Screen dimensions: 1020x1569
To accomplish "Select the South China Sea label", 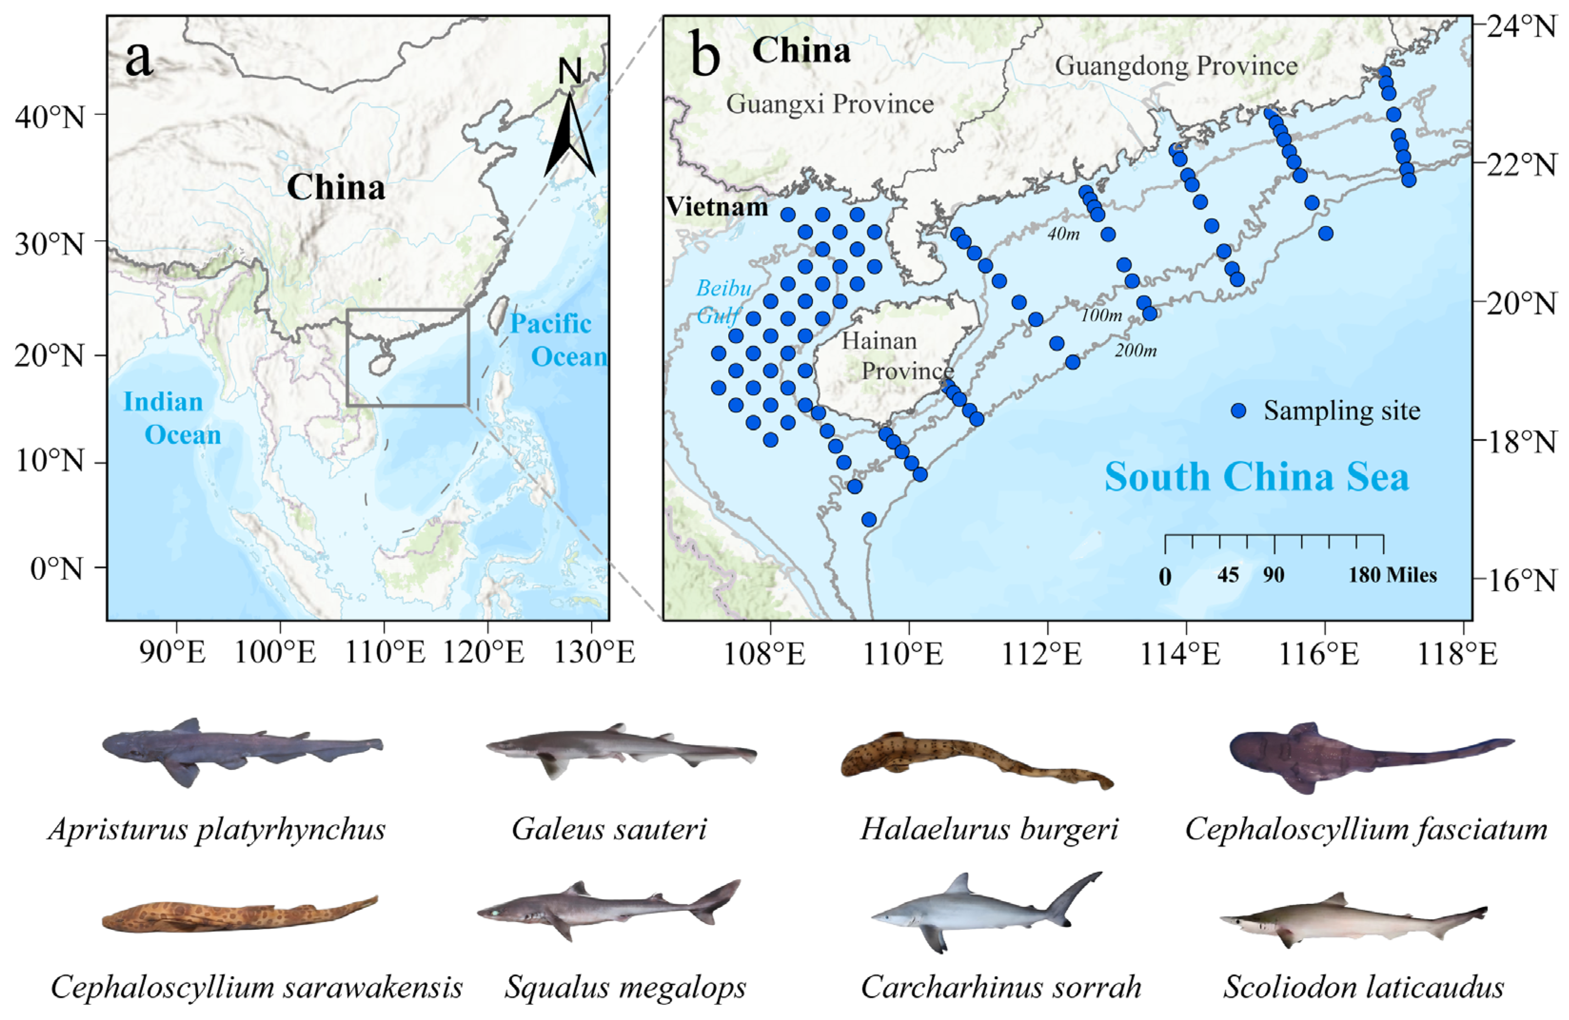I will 1256,476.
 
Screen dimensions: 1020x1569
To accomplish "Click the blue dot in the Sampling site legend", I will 1239,410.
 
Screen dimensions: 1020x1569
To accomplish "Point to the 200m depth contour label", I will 1135,350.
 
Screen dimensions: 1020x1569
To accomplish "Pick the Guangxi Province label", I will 829,104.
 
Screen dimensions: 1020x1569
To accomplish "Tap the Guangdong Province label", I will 1176,66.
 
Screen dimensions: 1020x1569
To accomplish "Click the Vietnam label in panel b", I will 717,207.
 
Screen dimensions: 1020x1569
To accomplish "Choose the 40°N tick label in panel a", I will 50,117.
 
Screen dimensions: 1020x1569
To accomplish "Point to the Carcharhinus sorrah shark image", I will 986,913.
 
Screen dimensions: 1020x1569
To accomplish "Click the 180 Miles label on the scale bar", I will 1392,575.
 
